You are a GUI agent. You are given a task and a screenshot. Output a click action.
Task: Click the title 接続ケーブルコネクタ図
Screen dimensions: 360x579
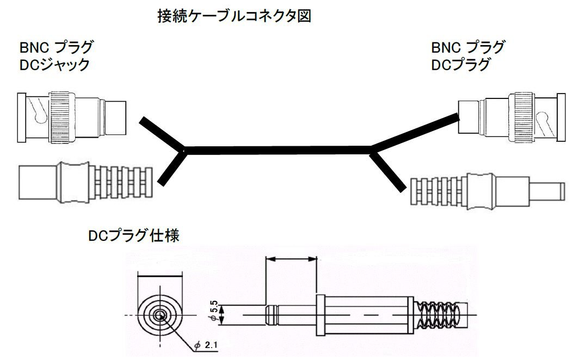(233, 17)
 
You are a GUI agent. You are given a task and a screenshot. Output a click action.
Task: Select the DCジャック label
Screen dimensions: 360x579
(55, 65)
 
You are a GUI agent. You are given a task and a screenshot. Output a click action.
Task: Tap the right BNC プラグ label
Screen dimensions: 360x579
(467, 47)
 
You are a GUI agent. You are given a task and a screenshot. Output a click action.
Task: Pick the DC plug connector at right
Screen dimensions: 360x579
(486, 190)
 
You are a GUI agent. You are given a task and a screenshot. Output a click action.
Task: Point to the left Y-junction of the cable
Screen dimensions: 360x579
(184, 150)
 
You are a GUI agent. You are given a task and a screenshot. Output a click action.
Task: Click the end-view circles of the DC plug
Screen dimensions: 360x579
(159, 315)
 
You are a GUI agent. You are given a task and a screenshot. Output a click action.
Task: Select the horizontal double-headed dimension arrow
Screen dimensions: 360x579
(291, 260)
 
